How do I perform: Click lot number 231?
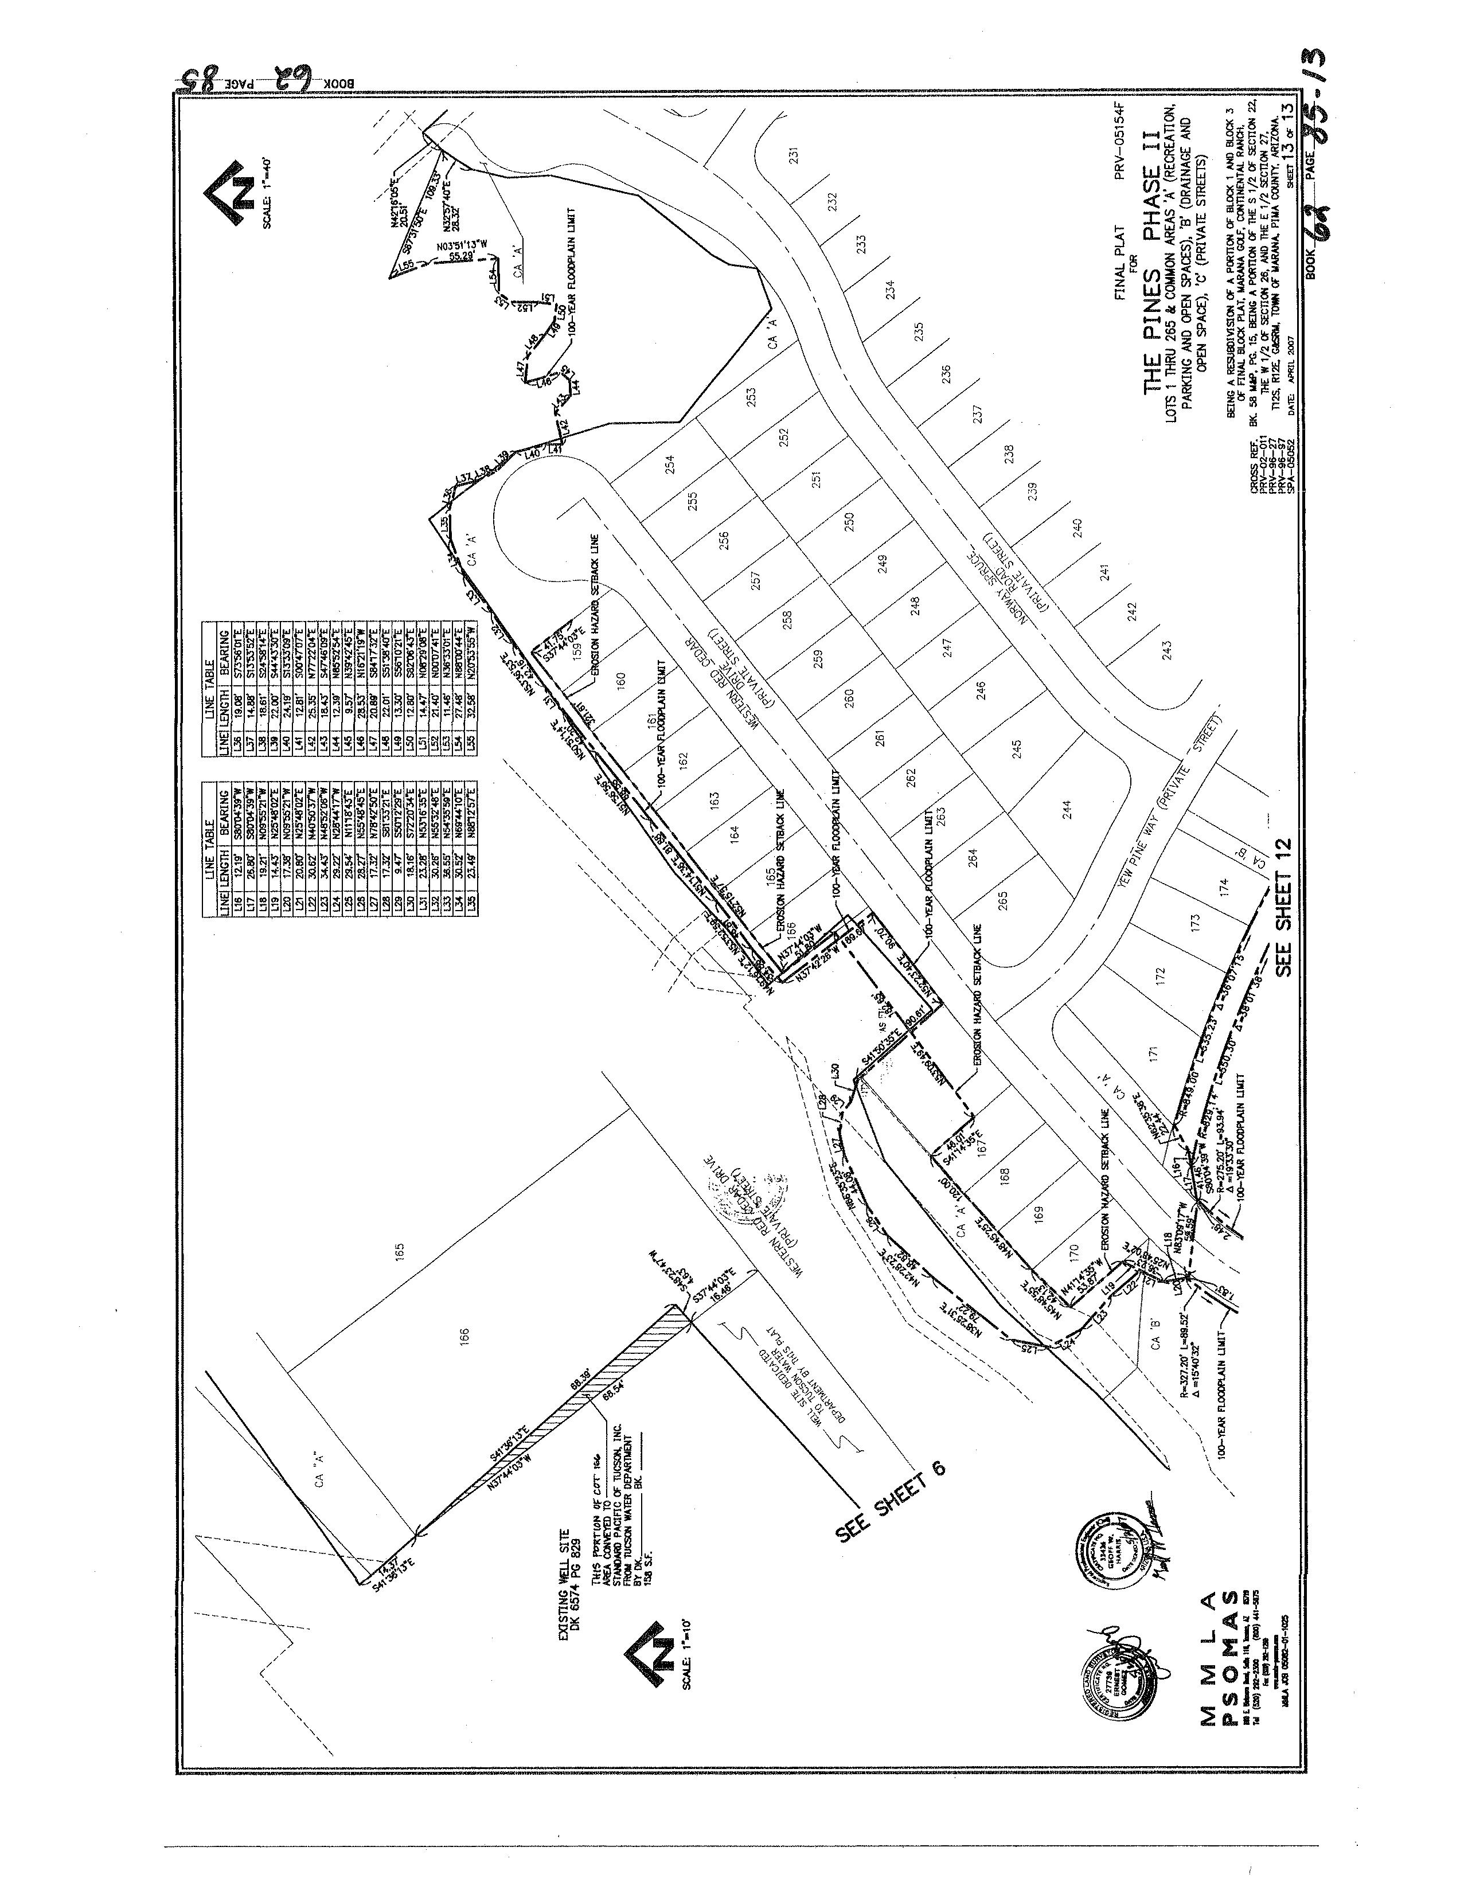pos(793,157)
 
